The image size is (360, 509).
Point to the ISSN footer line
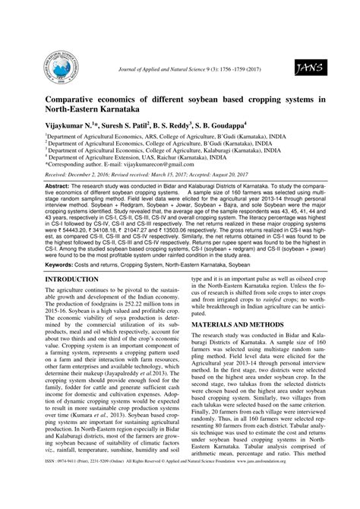[180, 501]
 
